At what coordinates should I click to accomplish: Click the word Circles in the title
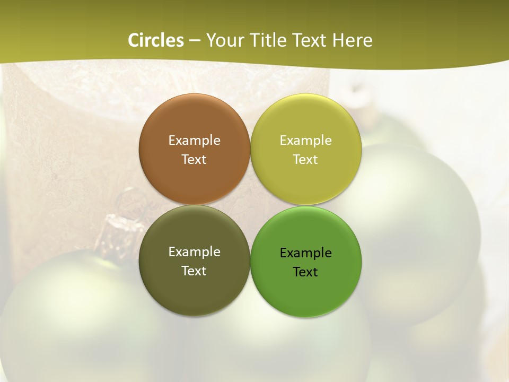click(156, 40)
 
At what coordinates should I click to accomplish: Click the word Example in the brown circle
click(194, 141)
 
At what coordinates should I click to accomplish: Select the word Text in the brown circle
click(194, 160)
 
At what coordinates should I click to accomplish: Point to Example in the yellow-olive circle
click(306, 141)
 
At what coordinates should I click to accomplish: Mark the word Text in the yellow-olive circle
click(306, 160)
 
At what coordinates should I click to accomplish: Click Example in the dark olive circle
click(194, 252)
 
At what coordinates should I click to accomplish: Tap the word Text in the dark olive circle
click(194, 271)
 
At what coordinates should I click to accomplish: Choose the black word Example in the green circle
click(306, 253)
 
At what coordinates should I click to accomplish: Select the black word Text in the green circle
click(306, 272)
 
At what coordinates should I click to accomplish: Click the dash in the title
click(195, 41)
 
